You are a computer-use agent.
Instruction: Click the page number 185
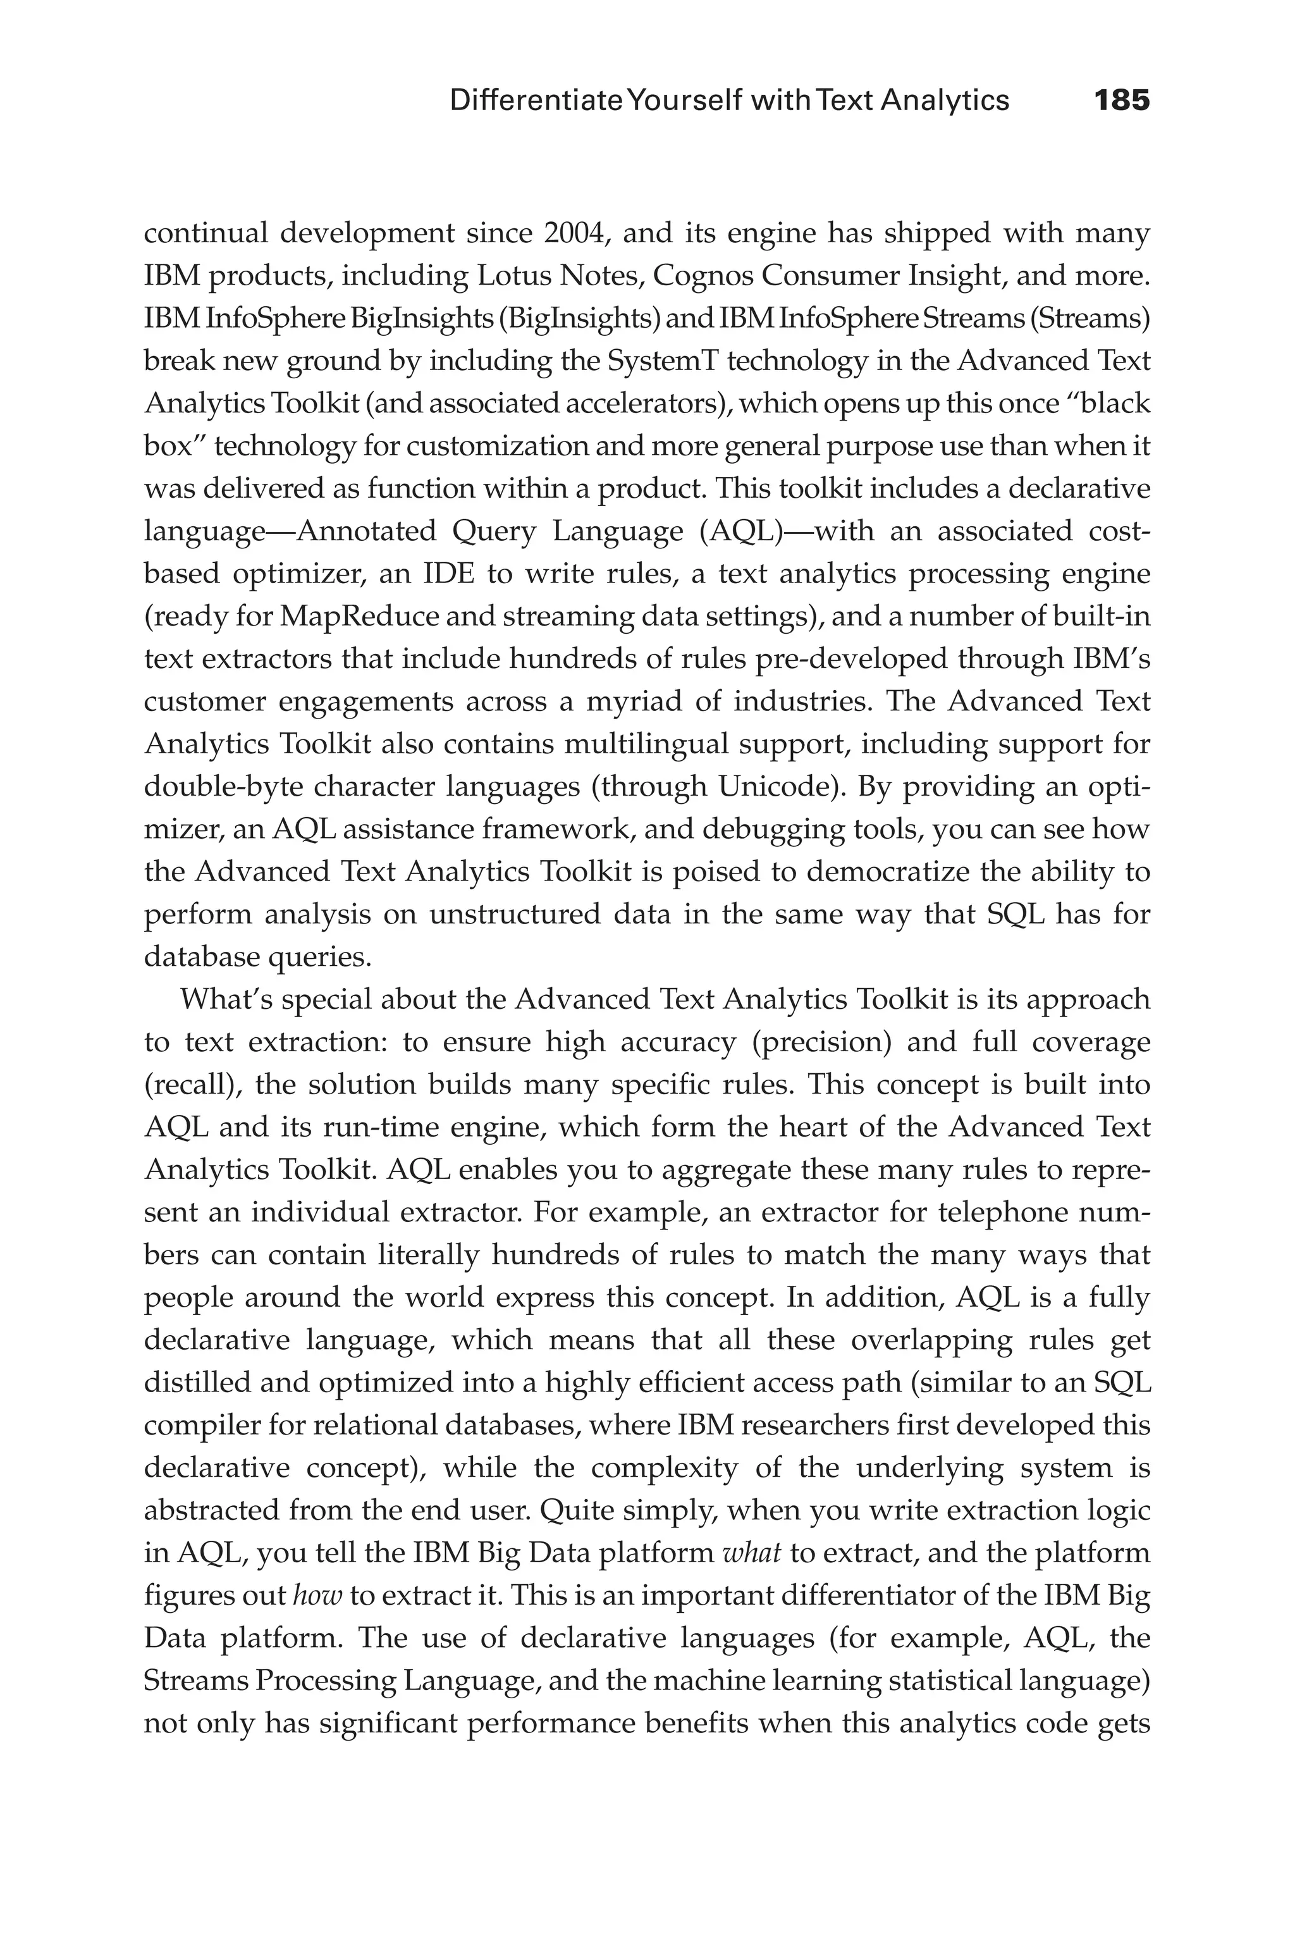click(1120, 101)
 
